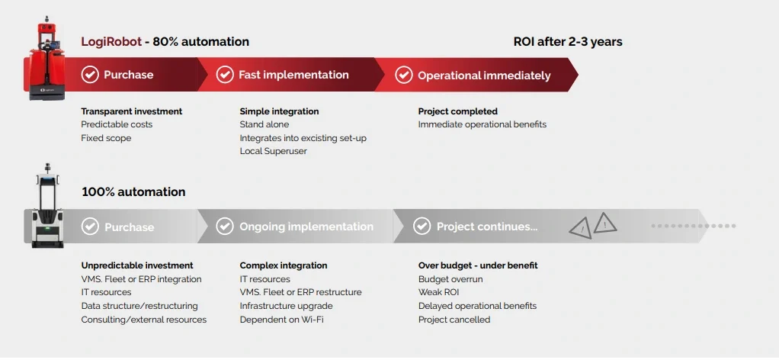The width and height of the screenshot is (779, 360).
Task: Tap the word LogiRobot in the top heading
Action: point(111,42)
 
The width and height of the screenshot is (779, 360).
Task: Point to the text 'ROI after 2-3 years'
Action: point(568,42)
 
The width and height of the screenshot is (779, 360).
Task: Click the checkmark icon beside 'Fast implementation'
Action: point(225,75)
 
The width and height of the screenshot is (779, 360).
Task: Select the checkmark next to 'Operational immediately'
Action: point(403,75)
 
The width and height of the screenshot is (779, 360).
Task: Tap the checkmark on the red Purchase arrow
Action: point(90,75)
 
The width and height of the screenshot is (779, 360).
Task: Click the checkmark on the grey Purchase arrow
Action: point(90,227)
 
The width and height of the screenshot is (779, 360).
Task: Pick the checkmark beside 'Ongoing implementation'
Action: point(225,227)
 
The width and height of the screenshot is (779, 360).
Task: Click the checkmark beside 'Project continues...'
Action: point(422,227)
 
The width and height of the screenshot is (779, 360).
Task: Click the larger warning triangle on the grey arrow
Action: point(604,223)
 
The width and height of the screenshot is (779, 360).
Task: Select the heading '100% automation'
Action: point(133,192)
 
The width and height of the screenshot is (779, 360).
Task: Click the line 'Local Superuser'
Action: point(273,151)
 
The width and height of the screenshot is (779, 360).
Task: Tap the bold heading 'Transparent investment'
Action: point(132,111)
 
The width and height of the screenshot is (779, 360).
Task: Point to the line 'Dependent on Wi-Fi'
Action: point(282,320)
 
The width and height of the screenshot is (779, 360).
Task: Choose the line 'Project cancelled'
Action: point(454,320)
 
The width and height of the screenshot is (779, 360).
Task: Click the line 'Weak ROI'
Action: point(439,292)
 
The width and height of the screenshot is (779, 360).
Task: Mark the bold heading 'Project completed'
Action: point(457,111)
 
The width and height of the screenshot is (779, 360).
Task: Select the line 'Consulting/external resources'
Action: point(144,320)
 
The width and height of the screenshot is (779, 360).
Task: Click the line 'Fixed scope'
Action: point(106,138)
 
